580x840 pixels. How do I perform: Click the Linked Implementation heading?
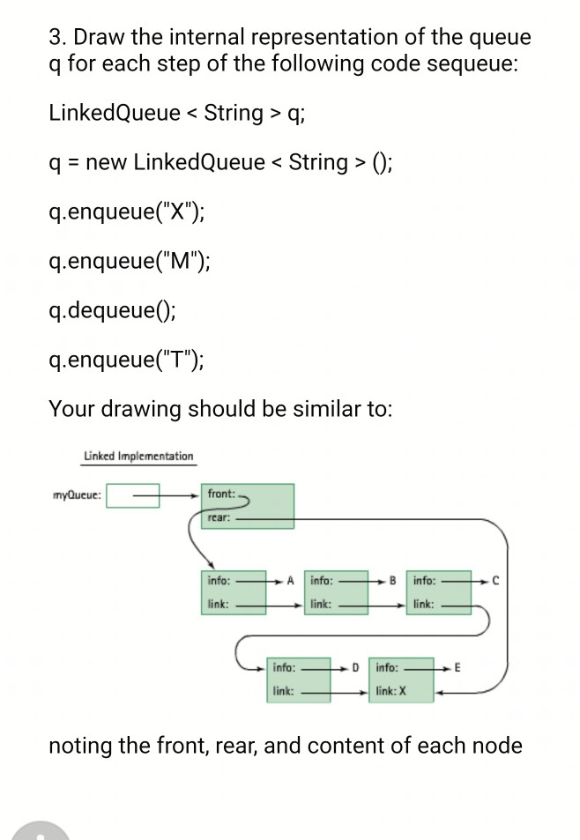138,456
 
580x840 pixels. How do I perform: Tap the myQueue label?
78,494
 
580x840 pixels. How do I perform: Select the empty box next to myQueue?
134,494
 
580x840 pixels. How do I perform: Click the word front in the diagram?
219,494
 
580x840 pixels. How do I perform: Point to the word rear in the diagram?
218,519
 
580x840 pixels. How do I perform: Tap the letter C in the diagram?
495,581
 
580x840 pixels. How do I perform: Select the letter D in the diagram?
355,667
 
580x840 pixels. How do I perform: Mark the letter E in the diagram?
457,667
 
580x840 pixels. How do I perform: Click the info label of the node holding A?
219,581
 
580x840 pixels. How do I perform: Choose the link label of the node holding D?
283,692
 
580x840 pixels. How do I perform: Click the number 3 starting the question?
55,38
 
